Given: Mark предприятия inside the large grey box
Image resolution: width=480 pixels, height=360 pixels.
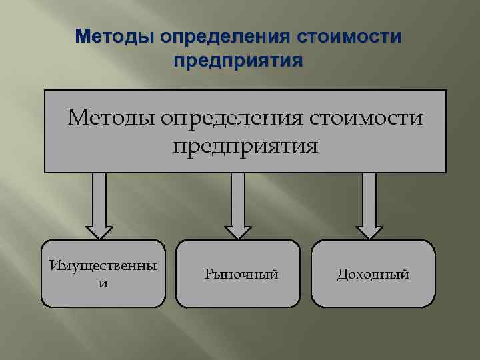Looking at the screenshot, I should pyautogui.click(x=246, y=145).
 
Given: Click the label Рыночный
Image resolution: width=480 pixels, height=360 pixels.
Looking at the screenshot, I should pyautogui.click(x=241, y=274).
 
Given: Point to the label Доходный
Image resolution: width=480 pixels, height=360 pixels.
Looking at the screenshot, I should pyautogui.click(x=373, y=274).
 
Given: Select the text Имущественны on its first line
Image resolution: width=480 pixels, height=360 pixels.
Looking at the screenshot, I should pyautogui.click(x=103, y=266).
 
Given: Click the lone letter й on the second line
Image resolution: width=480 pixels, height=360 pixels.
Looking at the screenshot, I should pyautogui.click(x=102, y=283).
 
